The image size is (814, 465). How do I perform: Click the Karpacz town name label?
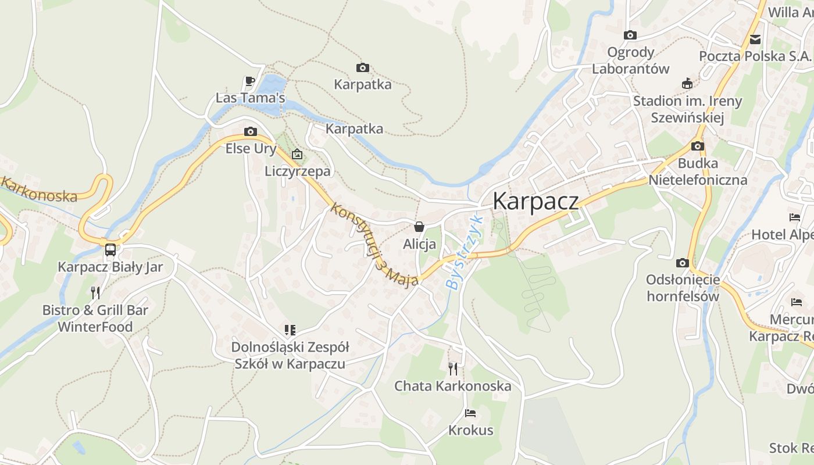(535, 201)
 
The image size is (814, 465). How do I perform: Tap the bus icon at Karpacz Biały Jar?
(110, 250)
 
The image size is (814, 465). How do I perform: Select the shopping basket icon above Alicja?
(419, 227)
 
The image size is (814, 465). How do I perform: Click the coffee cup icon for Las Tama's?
(250, 81)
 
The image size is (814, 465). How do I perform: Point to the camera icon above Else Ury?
(251, 131)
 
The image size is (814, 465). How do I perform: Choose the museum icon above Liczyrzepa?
(297, 154)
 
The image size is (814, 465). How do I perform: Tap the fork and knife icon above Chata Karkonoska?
(452, 369)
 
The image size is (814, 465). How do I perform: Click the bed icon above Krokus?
(470, 413)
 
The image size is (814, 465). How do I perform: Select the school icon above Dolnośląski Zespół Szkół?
(290, 330)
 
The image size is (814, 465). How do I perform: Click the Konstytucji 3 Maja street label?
(375, 244)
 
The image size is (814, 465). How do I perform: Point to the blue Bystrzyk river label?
(463, 252)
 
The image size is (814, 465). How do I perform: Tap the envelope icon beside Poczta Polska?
(755, 40)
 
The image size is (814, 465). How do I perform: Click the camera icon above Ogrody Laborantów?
(630, 35)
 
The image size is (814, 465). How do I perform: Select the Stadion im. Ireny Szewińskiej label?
(687, 109)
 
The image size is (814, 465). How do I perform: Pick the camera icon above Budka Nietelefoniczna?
(698, 146)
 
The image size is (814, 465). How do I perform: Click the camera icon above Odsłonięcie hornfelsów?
(683, 263)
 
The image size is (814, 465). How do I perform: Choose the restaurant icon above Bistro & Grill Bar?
(95, 292)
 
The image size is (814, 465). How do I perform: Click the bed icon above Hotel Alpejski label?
(795, 217)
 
